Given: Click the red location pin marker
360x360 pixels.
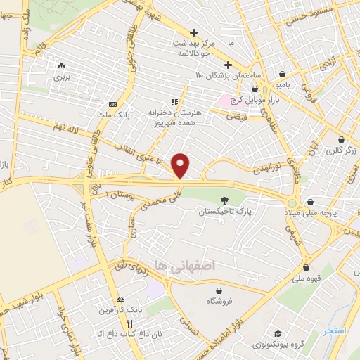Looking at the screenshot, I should point(181,165).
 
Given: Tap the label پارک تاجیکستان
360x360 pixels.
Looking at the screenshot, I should point(224,211).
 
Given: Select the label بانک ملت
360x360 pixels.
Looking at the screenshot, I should point(113,114).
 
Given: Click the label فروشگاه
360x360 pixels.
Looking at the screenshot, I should point(219,300).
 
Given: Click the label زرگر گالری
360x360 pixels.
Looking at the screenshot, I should point(342,150).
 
